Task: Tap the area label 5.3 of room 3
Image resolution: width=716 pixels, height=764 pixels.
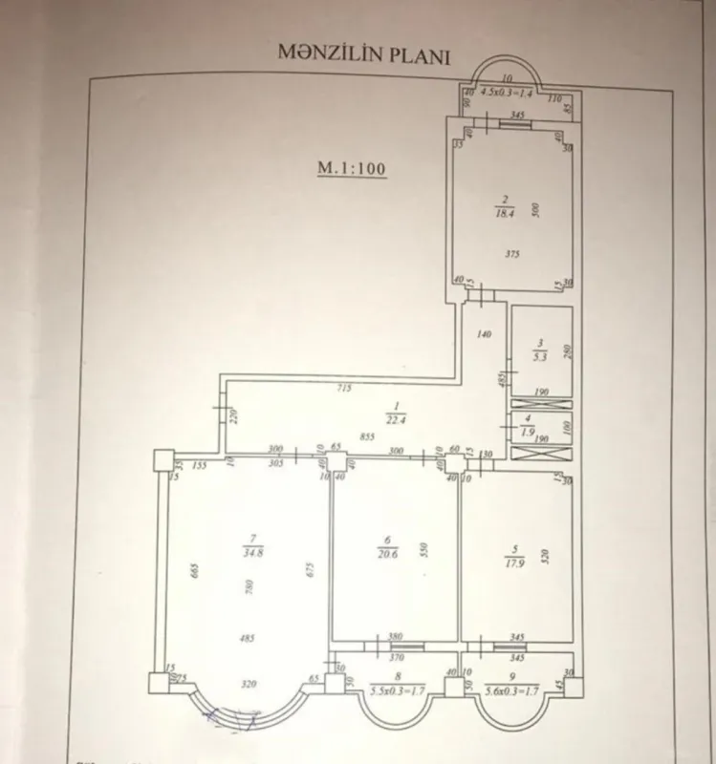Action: [540, 358]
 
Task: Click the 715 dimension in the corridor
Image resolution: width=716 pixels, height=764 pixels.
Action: [343, 388]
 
